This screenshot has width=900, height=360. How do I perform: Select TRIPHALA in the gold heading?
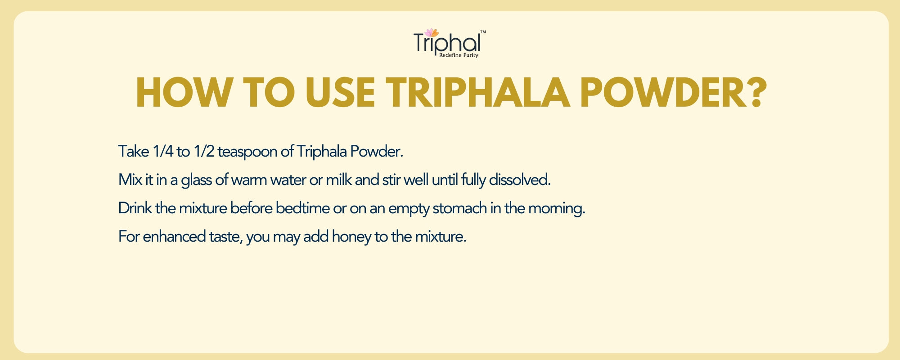pyautogui.click(x=478, y=93)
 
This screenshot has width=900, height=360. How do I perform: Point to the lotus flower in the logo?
pyautogui.click(x=432, y=33)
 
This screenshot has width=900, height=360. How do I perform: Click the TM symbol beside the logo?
pyautogui.click(x=483, y=32)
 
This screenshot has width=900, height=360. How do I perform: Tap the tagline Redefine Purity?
pyautogui.click(x=459, y=55)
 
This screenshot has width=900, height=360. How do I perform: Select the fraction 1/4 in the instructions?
pyautogui.click(x=163, y=151)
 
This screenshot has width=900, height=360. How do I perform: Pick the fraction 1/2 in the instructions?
pyautogui.click(x=204, y=151)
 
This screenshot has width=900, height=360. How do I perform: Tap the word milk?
pyautogui.click(x=339, y=180)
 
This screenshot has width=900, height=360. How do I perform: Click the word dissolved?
pyautogui.click(x=520, y=180)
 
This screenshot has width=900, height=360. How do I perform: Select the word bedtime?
pyautogui.click(x=302, y=208)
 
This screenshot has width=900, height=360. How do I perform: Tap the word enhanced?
pyautogui.click(x=174, y=236)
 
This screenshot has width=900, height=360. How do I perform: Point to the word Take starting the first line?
pyautogui.click(x=134, y=151)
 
